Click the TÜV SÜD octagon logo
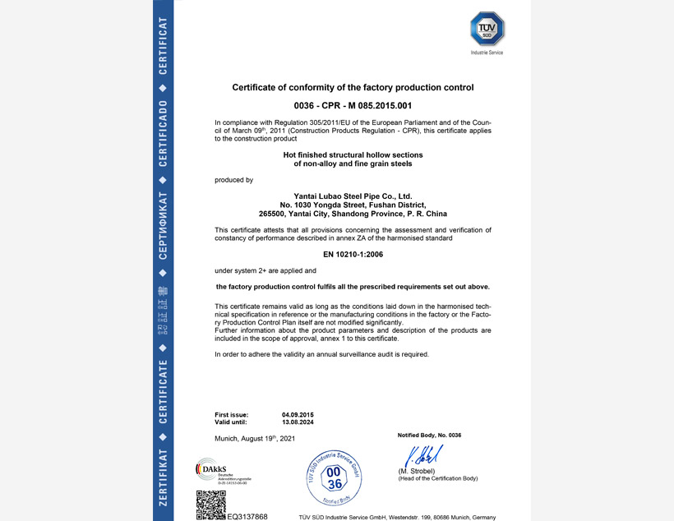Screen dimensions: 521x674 pos(487,29)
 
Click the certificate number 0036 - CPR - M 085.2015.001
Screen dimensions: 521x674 pos(353,107)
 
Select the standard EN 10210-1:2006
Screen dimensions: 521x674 pos(353,254)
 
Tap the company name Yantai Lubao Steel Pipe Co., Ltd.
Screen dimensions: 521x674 pos(353,196)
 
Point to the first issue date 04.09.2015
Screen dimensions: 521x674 pos(298,414)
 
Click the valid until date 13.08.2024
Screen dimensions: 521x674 pos(298,422)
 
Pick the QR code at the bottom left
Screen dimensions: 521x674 pos(210,505)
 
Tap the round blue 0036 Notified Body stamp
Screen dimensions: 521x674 pos(333,477)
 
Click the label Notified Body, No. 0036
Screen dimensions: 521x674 pos(429,435)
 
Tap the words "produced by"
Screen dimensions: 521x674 pos(233,179)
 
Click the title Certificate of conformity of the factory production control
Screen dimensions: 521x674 pos(353,87)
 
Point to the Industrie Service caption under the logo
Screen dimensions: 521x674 pos(487,53)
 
